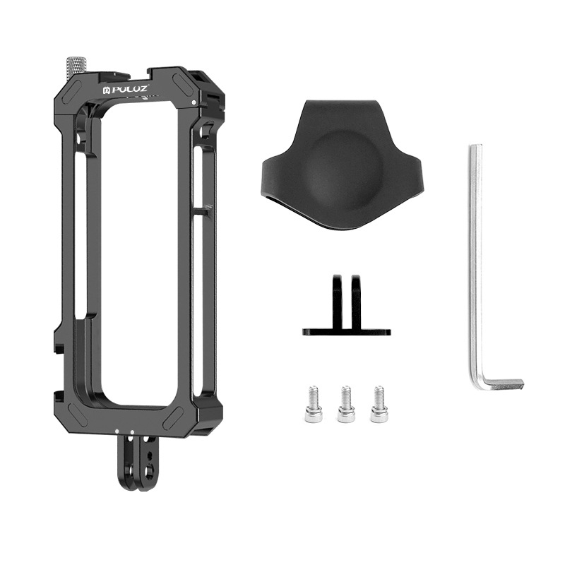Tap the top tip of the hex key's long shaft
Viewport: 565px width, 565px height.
tap(475, 149)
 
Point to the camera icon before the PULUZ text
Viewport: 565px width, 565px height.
tap(107, 90)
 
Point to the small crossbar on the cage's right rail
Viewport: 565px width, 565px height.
tap(203, 210)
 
